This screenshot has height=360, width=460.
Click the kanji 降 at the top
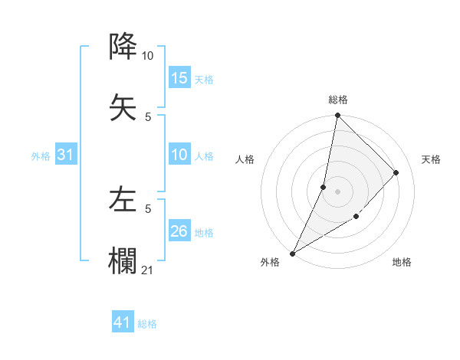[123, 47]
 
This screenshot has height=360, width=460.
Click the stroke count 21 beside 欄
[148, 269]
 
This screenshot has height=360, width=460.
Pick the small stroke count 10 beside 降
[147, 56]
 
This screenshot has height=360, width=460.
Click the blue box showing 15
[179, 78]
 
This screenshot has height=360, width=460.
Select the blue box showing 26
[179, 231]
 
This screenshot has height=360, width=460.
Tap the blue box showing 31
[66, 155]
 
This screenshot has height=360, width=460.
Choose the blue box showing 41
[123, 323]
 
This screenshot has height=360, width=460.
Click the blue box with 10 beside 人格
[179, 155]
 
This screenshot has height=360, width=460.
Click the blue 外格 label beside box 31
[41, 156]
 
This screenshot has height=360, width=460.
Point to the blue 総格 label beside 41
[148, 324]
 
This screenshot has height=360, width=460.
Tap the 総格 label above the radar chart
[338, 100]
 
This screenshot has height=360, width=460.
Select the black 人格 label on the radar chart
[245, 159]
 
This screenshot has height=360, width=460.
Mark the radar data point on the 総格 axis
[337, 115]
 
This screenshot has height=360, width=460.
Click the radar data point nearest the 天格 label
[396, 172]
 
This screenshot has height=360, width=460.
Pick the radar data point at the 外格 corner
[292, 254]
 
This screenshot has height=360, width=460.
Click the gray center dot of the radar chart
[337, 191]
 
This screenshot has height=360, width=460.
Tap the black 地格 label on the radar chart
[402, 262]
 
